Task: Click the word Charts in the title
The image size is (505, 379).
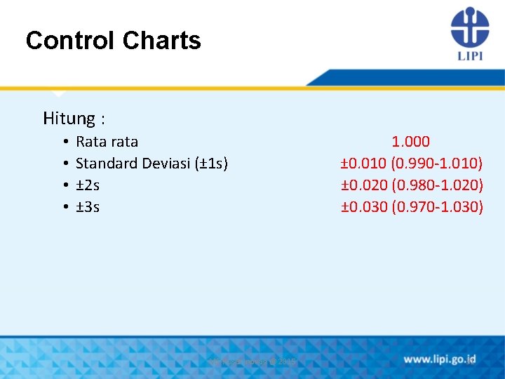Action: click(x=161, y=41)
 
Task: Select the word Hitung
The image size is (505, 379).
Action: click(x=69, y=118)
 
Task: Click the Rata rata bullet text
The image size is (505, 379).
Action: click(x=107, y=142)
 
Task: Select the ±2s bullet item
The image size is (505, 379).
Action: click(x=88, y=185)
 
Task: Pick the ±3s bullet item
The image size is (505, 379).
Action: click(x=88, y=207)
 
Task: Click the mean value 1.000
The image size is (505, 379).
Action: click(x=411, y=142)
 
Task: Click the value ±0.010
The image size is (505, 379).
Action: click(x=364, y=164)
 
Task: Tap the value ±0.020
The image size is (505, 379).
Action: click(x=364, y=185)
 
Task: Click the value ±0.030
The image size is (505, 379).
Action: click(x=364, y=207)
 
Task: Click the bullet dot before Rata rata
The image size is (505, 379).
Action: click(x=64, y=142)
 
